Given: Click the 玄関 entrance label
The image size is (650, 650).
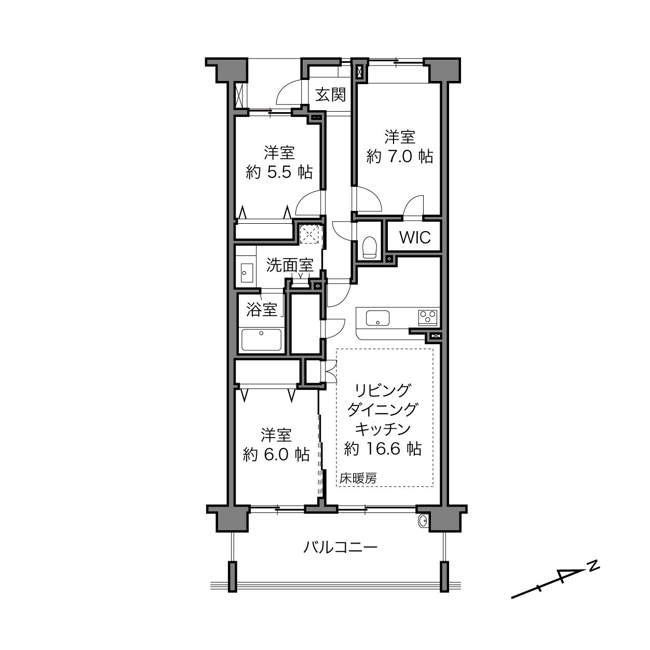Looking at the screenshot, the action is [x=331, y=95].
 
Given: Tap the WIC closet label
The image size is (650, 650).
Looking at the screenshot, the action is [x=415, y=237].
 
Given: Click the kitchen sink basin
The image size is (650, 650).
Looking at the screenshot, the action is [x=378, y=318].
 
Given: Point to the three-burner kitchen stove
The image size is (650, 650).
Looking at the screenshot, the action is [x=428, y=318].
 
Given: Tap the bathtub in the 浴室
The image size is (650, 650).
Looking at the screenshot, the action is [x=262, y=340].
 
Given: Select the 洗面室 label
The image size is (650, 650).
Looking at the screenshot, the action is [x=290, y=265].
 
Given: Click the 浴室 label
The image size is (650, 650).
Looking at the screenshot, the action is [x=262, y=309].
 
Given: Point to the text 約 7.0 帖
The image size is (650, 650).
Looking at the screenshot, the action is [x=399, y=157].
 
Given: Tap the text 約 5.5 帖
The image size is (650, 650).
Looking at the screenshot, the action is [x=279, y=173].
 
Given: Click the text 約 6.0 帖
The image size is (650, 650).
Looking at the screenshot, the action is [x=276, y=455].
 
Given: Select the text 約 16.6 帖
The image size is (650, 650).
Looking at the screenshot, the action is [x=383, y=449].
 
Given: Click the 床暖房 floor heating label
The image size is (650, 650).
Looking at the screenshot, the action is [x=358, y=478].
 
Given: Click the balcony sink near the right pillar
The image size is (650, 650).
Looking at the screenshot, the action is [x=423, y=521].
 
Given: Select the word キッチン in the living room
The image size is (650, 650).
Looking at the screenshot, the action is [x=383, y=429].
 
